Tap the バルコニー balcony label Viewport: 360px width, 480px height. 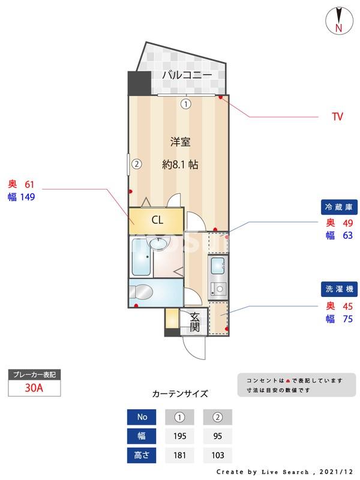[187, 75]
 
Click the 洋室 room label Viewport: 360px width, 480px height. [180, 142]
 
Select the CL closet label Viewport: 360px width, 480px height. [157, 220]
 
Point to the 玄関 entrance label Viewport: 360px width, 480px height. [195, 323]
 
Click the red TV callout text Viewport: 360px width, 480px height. [337, 116]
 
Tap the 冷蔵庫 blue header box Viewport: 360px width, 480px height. [341, 208]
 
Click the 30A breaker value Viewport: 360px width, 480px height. [34, 388]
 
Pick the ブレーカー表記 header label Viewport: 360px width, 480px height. [34, 374]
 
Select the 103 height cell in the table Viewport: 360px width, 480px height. [217, 455]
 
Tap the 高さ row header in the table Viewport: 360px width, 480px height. [142, 455]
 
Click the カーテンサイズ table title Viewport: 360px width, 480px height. [180, 394]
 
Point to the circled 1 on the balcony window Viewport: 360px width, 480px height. [186, 104]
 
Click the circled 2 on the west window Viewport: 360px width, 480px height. [137, 163]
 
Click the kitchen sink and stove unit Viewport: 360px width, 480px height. [217, 277]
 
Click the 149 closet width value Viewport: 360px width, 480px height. [29, 197]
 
